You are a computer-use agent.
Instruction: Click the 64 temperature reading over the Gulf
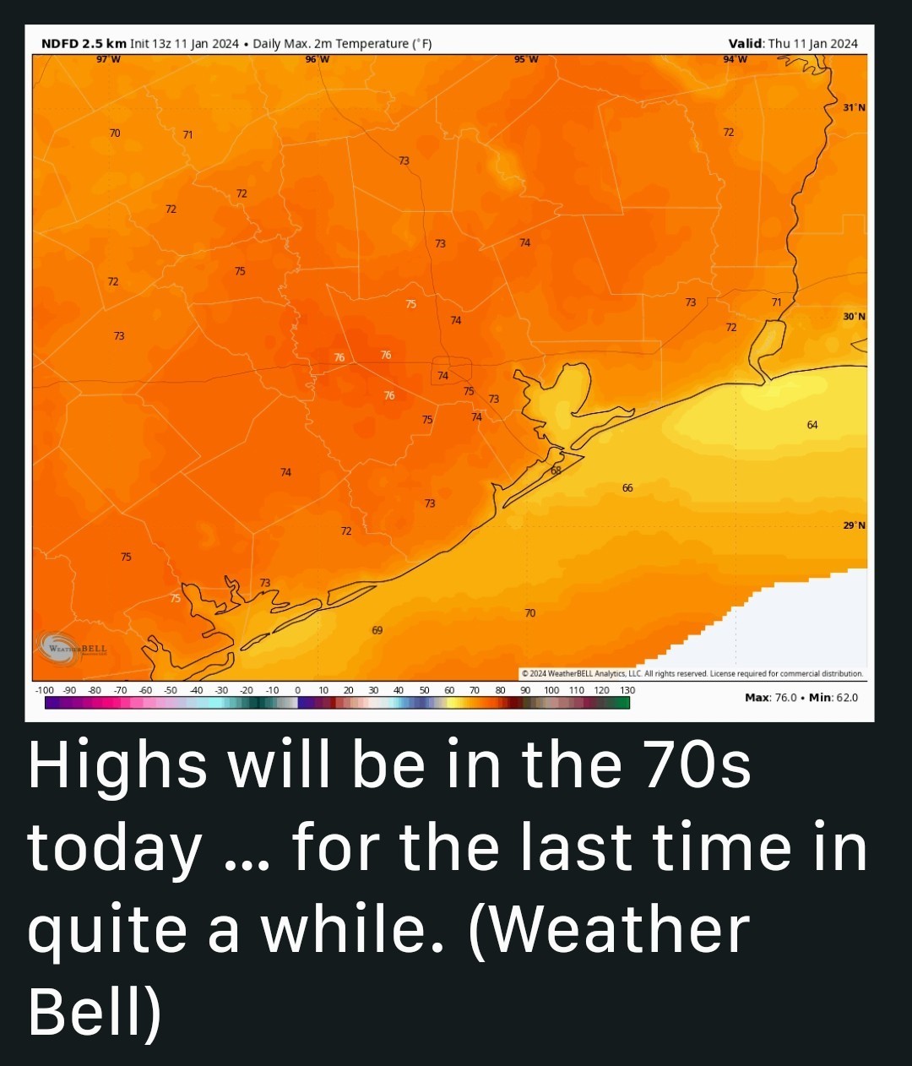coord(812,424)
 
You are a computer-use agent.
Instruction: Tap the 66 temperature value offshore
coord(627,488)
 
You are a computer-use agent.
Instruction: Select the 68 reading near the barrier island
coord(556,470)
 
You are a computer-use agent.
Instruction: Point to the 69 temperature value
coord(377,630)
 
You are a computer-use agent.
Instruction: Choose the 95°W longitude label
coord(525,59)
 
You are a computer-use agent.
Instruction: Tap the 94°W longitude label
coord(734,59)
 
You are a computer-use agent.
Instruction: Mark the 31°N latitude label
coord(854,107)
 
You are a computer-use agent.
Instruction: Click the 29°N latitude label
coord(854,525)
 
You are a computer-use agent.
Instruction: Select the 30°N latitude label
coord(854,316)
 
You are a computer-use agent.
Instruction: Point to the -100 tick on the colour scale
coord(44,690)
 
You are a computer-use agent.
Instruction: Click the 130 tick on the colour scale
coord(627,690)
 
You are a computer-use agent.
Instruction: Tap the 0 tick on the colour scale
coord(297,690)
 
